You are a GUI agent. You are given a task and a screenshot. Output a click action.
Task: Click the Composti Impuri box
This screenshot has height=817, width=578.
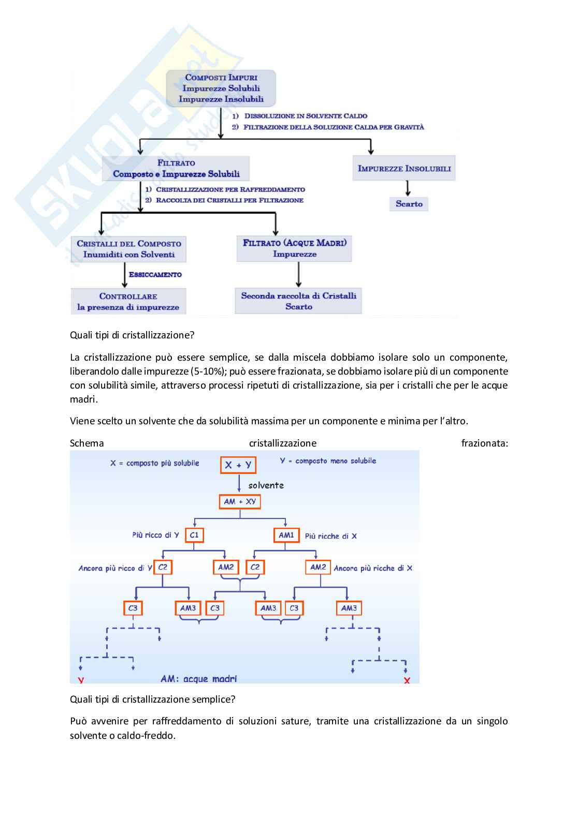[x=221, y=88]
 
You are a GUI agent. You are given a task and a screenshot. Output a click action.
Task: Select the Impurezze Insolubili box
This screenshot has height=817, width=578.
[x=404, y=168]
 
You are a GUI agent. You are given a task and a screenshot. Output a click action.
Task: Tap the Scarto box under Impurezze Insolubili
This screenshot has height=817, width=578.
[x=409, y=204]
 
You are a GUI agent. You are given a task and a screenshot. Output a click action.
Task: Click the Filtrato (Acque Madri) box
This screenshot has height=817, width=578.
[x=294, y=248]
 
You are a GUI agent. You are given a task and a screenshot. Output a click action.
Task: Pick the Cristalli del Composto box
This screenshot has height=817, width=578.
[x=128, y=249]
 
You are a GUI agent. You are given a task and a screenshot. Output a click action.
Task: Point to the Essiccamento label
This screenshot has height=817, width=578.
[x=155, y=275]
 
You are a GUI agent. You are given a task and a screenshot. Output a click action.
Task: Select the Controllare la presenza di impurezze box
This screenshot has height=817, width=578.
[x=128, y=302]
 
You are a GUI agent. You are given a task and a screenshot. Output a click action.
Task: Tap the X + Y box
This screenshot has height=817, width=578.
[x=238, y=465]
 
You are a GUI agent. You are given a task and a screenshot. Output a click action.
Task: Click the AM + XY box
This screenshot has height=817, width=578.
[x=240, y=501]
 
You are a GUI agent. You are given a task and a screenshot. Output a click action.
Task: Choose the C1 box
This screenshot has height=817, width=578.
[x=194, y=535]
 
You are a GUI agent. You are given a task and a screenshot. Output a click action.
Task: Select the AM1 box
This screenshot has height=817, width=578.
[x=286, y=535]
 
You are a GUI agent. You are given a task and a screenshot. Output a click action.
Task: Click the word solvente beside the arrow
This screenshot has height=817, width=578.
[x=266, y=485]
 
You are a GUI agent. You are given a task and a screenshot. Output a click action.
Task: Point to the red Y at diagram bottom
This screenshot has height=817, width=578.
[x=81, y=680]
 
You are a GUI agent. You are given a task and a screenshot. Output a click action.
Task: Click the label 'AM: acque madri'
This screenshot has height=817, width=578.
[x=198, y=679]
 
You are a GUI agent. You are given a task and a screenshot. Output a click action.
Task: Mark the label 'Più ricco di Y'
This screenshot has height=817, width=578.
[x=155, y=535]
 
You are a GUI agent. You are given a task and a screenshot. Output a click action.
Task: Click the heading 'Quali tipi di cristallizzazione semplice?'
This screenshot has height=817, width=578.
[x=152, y=700]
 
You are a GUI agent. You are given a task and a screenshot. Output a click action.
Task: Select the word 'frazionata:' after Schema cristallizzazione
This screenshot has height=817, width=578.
[x=484, y=443]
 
